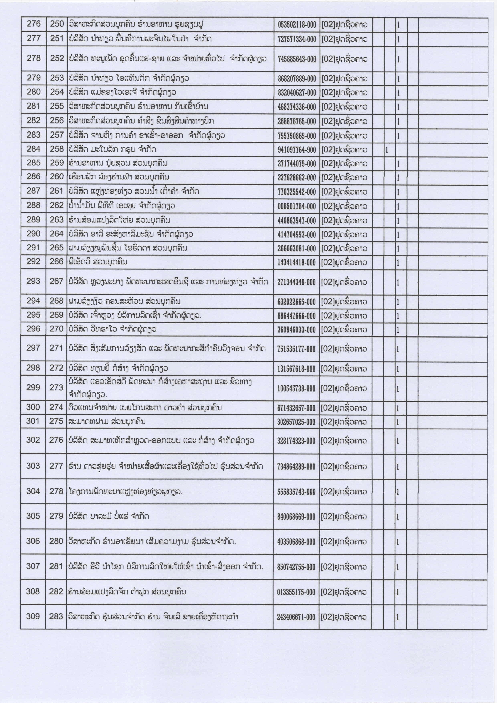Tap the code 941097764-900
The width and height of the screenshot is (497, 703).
point(297,150)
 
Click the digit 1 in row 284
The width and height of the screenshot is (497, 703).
point(387,150)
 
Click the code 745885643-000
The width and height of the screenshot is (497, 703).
point(297,59)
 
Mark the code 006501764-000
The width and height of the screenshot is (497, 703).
point(297,206)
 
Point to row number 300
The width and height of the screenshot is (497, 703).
point(33,407)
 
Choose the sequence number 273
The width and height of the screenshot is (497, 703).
point(56,388)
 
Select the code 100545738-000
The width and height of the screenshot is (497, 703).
point(296,388)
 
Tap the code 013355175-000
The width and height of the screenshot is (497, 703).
point(296,592)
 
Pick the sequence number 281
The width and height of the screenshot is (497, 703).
point(56,566)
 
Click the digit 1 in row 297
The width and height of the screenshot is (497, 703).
point(398,349)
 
